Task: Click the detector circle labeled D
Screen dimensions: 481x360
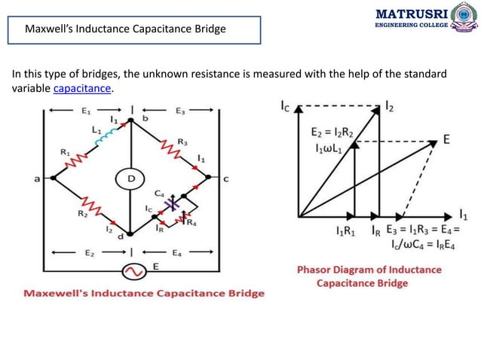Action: tap(130, 178)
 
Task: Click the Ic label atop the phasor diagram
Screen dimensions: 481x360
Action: tap(285, 107)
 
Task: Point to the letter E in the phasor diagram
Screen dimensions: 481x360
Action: tap(446, 140)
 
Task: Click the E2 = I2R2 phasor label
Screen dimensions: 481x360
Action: tap(332, 131)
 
